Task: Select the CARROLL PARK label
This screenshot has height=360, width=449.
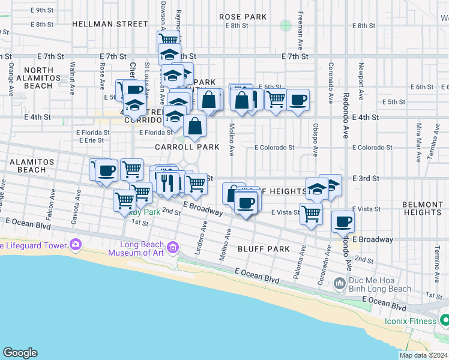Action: click(x=179, y=146)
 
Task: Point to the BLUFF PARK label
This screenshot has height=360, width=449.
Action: click(x=263, y=248)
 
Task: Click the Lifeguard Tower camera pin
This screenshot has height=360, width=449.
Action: click(x=75, y=244)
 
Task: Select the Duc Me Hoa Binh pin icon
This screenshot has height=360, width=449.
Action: click(x=340, y=282)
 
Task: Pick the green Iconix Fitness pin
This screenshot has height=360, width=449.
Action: click(x=444, y=321)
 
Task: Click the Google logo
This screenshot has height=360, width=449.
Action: click(x=20, y=353)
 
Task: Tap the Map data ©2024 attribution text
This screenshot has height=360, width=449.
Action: click(x=423, y=355)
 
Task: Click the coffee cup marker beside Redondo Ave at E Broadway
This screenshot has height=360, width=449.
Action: click(x=343, y=222)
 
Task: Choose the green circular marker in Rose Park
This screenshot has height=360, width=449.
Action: click(x=285, y=25)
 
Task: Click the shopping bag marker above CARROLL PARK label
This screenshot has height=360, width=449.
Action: click(x=195, y=126)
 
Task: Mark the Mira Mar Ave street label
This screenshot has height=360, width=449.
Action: click(x=418, y=140)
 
